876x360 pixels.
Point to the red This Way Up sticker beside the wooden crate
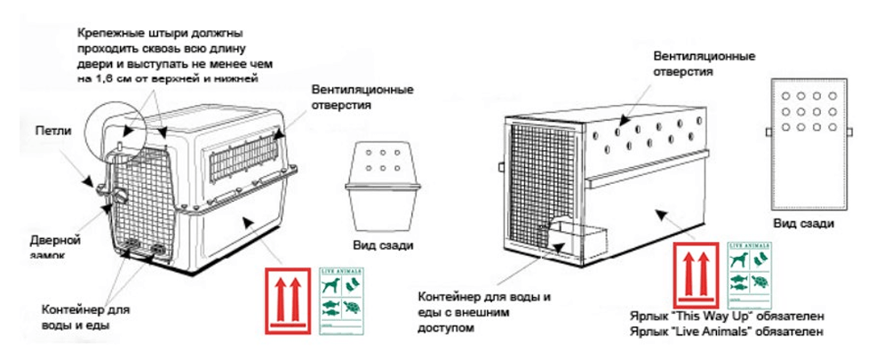click(x=698, y=274)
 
